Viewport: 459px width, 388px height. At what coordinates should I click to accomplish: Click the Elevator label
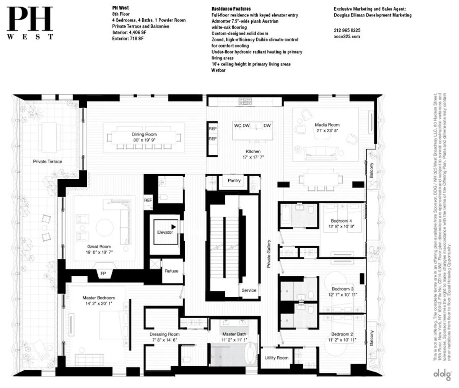[165, 232]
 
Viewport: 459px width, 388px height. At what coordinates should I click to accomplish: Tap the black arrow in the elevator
[173, 227]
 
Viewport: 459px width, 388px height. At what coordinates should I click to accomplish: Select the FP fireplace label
[103, 274]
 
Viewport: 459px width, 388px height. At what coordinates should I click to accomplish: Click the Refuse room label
[171, 271]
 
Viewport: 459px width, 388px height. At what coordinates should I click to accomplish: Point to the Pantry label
[234, 180]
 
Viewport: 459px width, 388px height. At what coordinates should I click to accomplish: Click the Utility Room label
[277, 358]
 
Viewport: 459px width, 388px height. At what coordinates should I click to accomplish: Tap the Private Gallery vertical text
[269, 253]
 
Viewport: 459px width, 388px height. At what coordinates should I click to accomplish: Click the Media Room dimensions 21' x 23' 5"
[327, 130]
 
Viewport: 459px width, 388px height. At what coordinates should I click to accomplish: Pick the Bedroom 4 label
[340, 221]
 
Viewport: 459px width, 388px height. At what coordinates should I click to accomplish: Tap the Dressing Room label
[164, 334]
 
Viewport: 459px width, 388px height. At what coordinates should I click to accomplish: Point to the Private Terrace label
[47, 162]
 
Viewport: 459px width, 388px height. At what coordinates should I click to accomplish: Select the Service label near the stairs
[249, 290]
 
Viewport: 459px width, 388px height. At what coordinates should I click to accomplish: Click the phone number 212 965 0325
[347, 31]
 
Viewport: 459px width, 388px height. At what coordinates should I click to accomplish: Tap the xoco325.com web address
[347, 37]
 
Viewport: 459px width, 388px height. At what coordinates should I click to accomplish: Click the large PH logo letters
[29, 20]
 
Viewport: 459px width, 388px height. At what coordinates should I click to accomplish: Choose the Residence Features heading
[231, 9]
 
